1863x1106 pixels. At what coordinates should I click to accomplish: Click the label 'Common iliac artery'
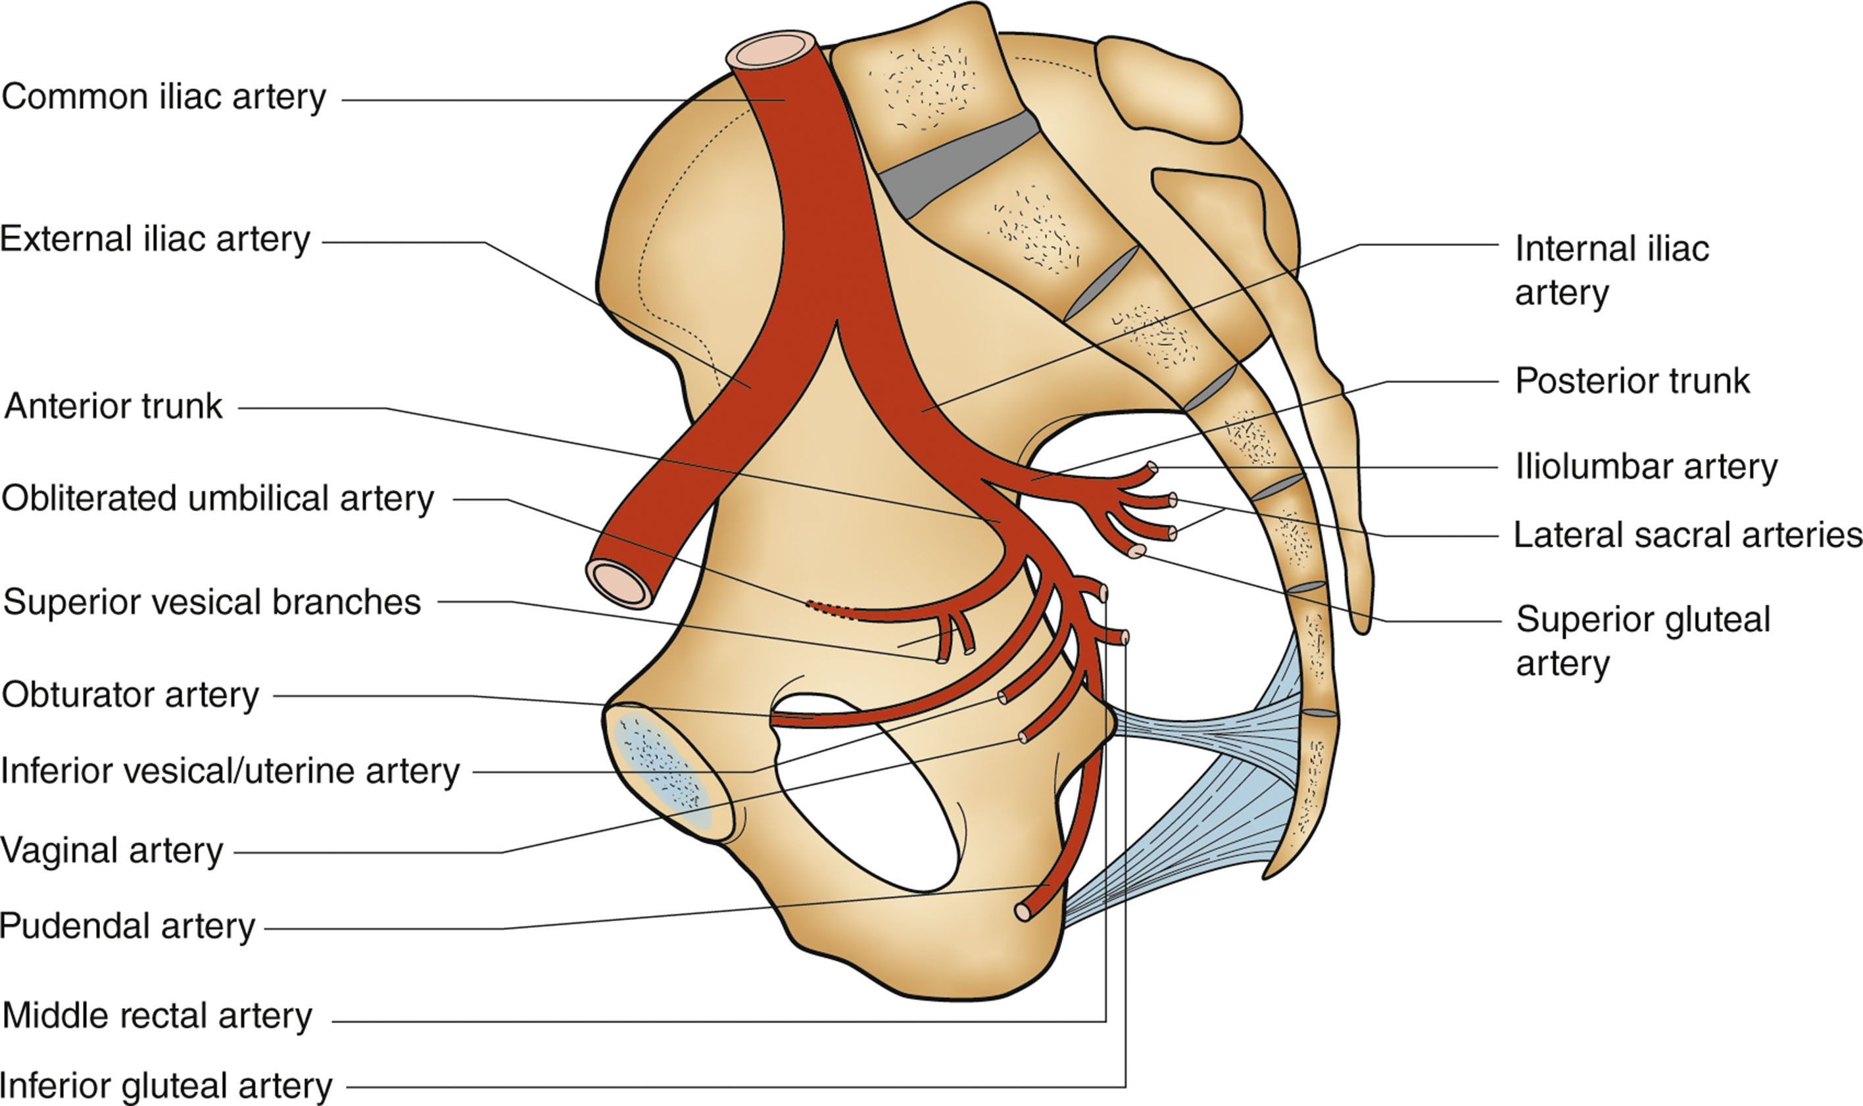(164, 97)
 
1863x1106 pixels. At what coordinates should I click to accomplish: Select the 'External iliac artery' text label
(155, 240)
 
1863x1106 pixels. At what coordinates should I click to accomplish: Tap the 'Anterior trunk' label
(113, 407)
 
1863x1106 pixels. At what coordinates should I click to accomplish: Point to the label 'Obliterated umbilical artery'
(218, 498)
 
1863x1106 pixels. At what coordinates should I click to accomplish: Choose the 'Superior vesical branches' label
(212, 602)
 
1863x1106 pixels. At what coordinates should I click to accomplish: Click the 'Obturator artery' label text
(130, 695)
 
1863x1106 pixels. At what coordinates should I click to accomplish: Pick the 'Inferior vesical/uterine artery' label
(230, 771)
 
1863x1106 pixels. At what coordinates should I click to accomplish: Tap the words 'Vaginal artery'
(112, 850)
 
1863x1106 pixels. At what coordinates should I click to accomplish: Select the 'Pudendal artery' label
(128, 926)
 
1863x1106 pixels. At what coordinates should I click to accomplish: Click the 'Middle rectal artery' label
(157, 1017)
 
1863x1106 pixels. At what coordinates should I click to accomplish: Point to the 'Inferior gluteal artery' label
(166, 1086)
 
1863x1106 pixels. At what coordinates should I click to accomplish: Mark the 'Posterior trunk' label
(1632, 381)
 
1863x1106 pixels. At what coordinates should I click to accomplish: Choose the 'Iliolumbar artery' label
(1646, 468)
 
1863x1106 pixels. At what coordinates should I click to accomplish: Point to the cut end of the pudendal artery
(1023, 911)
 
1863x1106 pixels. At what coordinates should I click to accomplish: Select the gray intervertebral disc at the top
(957, 166)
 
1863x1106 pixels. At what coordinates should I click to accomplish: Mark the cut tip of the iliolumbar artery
(1152, 468)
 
